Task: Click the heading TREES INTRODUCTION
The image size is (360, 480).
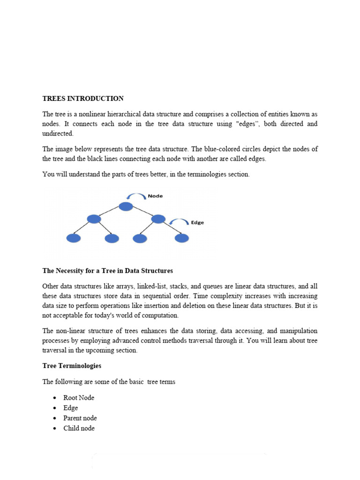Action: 83,98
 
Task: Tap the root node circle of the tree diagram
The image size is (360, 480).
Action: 126,206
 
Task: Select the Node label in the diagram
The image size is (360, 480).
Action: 155,196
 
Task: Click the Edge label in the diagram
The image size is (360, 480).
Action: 197,223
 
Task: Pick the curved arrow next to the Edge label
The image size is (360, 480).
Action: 178,221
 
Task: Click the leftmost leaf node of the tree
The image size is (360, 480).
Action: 74,238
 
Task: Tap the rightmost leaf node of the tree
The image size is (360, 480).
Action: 181,238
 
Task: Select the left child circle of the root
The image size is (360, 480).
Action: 94,219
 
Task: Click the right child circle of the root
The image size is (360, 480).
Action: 158,219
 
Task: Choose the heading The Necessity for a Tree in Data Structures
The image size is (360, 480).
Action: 108,271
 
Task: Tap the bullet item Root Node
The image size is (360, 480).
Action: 79,397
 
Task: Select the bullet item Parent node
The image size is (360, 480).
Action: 80,418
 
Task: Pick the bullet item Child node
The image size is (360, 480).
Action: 79,428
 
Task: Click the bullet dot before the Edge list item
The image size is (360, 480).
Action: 54,408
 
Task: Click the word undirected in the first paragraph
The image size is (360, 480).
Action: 58,134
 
